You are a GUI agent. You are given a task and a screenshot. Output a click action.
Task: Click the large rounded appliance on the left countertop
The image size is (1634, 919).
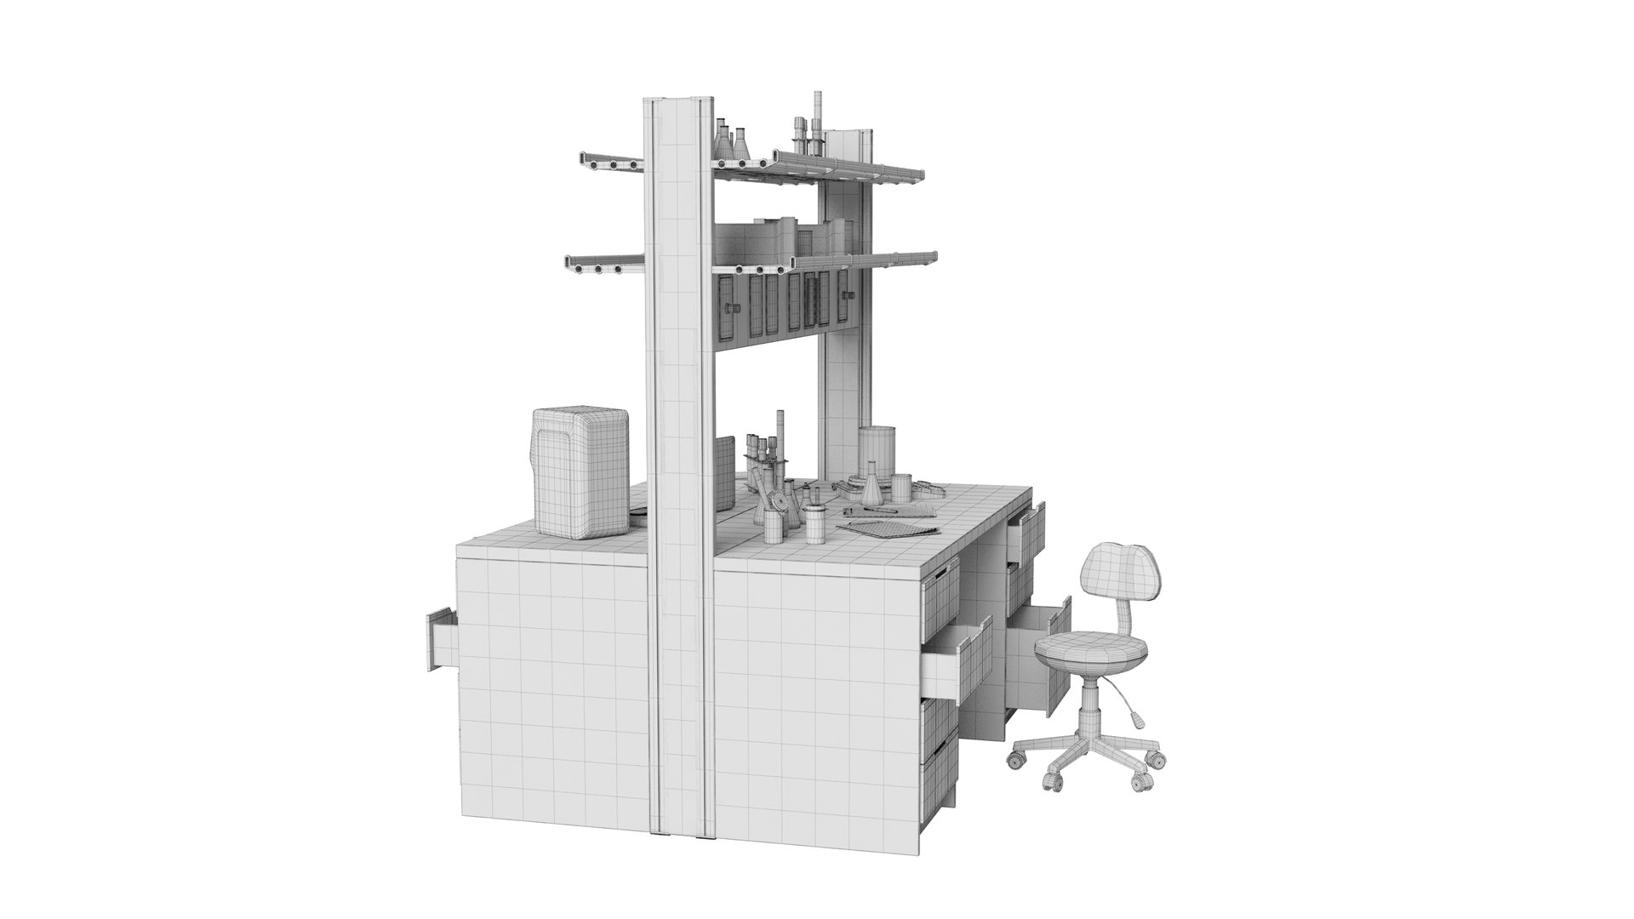580,473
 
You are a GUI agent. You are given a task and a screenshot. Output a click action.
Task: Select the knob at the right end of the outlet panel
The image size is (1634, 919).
848,294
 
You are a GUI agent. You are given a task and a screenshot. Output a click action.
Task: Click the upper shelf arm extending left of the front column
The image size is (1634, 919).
608,161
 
